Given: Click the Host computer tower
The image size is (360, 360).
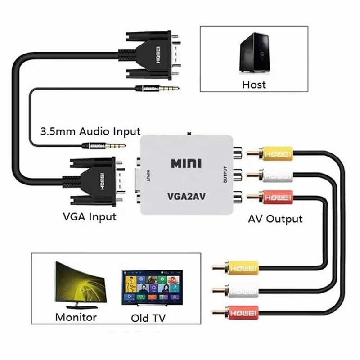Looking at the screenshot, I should click(x=254, y=53).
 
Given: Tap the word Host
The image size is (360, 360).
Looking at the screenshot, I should click(x=254, y=84).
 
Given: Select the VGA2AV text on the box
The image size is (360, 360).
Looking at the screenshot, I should click(x=186, y=196).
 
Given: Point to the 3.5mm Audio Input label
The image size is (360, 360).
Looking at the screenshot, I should click(x=90, y=132).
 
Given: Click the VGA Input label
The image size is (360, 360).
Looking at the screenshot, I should click(x=90, y=216).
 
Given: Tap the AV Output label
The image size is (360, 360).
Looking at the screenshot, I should click(x=275, y=219).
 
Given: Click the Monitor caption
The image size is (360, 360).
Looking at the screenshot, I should click(x=76, y=317).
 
